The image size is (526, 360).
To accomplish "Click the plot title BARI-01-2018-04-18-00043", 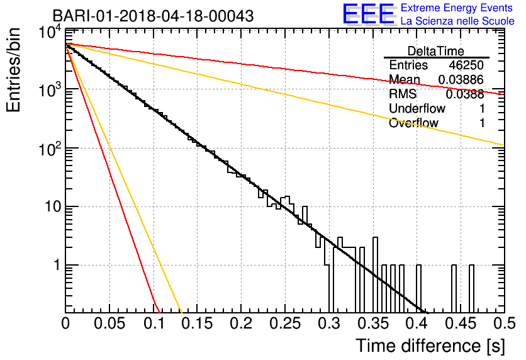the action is pos(153,16).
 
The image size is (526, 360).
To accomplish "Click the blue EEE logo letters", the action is pos(369,14).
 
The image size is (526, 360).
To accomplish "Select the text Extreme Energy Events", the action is pos(457,8).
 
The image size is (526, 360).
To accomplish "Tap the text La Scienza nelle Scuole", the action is pos(457,21).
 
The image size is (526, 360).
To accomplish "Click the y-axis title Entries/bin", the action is pos(13,70).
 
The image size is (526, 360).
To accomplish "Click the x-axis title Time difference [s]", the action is pos(430,346).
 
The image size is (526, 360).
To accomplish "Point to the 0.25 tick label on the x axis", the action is pos(285,323).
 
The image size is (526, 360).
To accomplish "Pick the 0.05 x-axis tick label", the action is pos(109,323).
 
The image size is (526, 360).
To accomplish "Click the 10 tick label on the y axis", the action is pos(53,206).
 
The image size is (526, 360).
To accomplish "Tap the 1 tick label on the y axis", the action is pos(57,265).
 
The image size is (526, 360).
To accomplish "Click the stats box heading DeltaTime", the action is pos(436,51).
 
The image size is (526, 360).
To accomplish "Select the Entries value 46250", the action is pos(466,65).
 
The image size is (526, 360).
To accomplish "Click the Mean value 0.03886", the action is pos(461,79).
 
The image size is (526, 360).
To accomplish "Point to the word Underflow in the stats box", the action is pos(417,108).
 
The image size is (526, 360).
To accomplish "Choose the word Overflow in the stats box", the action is pos(413,123).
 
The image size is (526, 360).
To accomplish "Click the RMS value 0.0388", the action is pos(465,94).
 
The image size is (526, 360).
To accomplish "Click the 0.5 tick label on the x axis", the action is pos(505,323).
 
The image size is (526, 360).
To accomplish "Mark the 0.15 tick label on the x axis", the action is pos(198,323).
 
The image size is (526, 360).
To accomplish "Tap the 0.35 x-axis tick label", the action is pos(373,323).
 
